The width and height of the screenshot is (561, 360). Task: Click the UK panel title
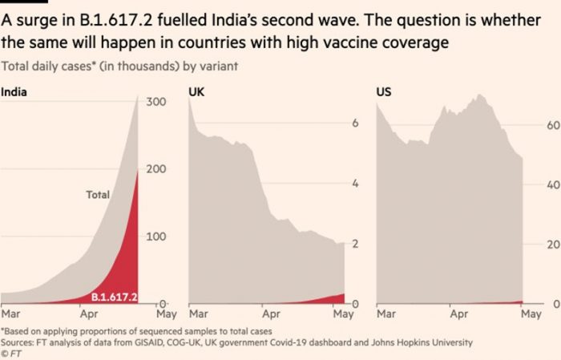tap(196, 92)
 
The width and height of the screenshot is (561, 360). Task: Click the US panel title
tap(383, 92)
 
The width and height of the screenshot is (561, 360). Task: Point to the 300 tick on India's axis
tap(155, 102)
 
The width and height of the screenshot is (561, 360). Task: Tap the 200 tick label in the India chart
tap(155, 169)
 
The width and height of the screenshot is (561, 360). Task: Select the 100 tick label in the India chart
tap(155, 237)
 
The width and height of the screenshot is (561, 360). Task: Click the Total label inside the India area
tap(98, 195)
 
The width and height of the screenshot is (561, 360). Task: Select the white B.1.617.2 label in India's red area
tap(114, 297)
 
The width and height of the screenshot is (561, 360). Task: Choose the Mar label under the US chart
tap(385, 316)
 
